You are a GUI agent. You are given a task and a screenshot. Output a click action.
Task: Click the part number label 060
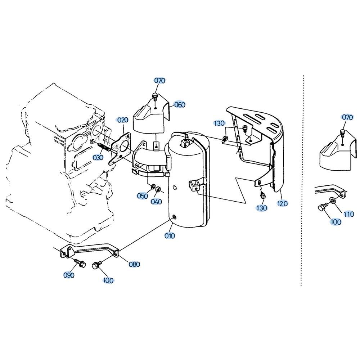pos(180,105)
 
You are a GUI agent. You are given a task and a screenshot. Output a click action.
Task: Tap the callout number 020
pos(122,120)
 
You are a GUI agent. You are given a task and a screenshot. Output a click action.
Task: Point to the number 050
pos(143,196)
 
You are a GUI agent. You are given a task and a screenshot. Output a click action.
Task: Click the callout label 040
pos(156,201)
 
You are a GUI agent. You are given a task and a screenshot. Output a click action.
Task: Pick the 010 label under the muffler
pos(170,236)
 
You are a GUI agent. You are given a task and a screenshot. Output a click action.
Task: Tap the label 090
pos(69,275)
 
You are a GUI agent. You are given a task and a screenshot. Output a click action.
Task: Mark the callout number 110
pos(349,214)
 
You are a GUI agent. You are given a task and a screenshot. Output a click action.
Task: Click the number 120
pos(282,203)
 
